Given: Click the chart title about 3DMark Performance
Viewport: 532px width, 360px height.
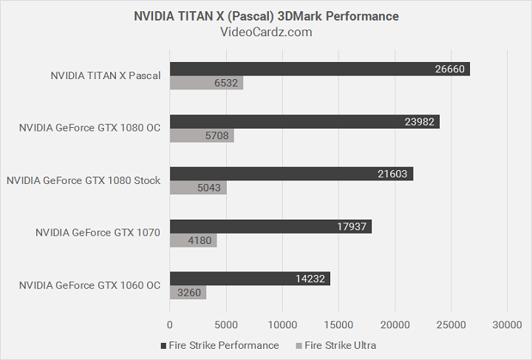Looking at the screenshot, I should (x=266, y=16).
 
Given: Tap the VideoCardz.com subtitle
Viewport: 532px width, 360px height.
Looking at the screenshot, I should (x=266, y=32).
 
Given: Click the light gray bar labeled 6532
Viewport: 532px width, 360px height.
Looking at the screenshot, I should (x=207, y=84).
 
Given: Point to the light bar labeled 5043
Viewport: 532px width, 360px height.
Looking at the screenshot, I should (x=198, y=189).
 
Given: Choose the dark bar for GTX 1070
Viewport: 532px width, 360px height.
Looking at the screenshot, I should (x=270, y=226).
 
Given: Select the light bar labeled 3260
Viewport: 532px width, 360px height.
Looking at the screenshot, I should (x=188, y=293).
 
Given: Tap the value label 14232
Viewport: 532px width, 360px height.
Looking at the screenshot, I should (x=311, y=279).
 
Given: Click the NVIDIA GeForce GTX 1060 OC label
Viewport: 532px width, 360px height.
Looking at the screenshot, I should (x=89, y=285).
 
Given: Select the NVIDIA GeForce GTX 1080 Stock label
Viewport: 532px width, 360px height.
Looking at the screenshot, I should (x=83, y=180).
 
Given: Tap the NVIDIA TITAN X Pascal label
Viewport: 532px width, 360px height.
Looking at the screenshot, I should (x=106, y=75).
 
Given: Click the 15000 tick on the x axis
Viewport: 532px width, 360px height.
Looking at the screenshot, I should (x=338, y=325).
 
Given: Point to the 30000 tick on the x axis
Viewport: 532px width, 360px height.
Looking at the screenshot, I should (x=506, y=325).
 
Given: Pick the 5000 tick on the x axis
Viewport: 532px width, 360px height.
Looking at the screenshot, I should (x=226, y=325).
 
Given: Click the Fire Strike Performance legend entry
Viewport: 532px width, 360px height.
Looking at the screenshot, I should (x=219, y=345).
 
